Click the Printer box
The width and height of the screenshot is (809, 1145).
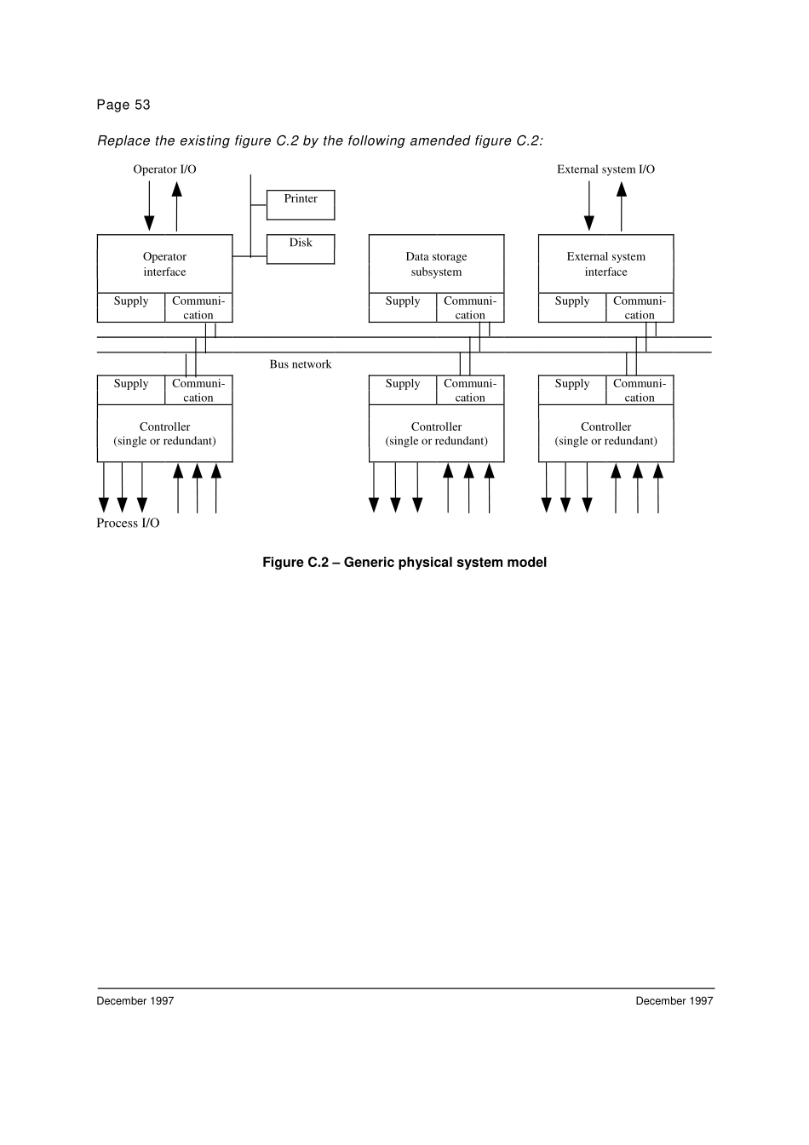(301, 204)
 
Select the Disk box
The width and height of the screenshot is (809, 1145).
(301, 249)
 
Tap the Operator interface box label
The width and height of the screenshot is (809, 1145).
(164, 264)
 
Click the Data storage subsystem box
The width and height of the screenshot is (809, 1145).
(436, 264)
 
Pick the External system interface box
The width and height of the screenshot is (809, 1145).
(605, 264)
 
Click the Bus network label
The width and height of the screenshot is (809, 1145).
(300, 364)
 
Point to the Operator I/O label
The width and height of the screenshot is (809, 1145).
(164, 169)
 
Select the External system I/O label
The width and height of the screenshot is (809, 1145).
(605, 169)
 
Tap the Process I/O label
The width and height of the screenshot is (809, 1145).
(128, 523)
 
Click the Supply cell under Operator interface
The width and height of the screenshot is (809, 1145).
(131, 307)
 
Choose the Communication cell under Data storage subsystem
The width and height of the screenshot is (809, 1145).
(470, 307)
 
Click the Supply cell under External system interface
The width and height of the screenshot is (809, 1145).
(572, 307)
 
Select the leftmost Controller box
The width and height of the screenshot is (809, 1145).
(164, 433)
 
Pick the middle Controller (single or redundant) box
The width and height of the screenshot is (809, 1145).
(436, 433)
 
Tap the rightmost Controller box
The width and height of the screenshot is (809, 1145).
(605, 433)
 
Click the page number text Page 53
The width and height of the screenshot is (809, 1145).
(123, 105)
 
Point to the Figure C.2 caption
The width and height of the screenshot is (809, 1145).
(404, 562)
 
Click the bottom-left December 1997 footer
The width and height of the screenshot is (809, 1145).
(135, 1001)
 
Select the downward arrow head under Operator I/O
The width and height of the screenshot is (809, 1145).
(149, 223)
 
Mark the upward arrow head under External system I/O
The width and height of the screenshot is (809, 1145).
(622, 189)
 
